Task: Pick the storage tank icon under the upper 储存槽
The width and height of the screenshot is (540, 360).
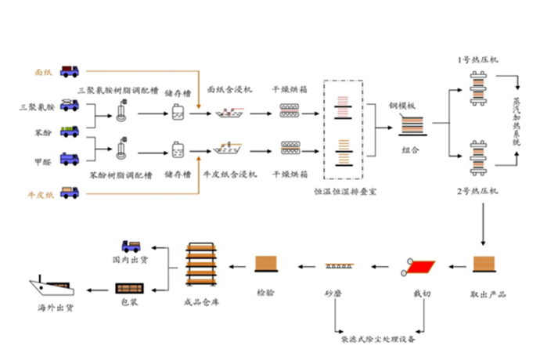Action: pos(180,113)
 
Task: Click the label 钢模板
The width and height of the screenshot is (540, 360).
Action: pos(401,105)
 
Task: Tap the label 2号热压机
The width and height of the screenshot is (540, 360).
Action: pos(477,192)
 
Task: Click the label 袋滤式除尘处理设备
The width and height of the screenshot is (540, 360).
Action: pos(378,340)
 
